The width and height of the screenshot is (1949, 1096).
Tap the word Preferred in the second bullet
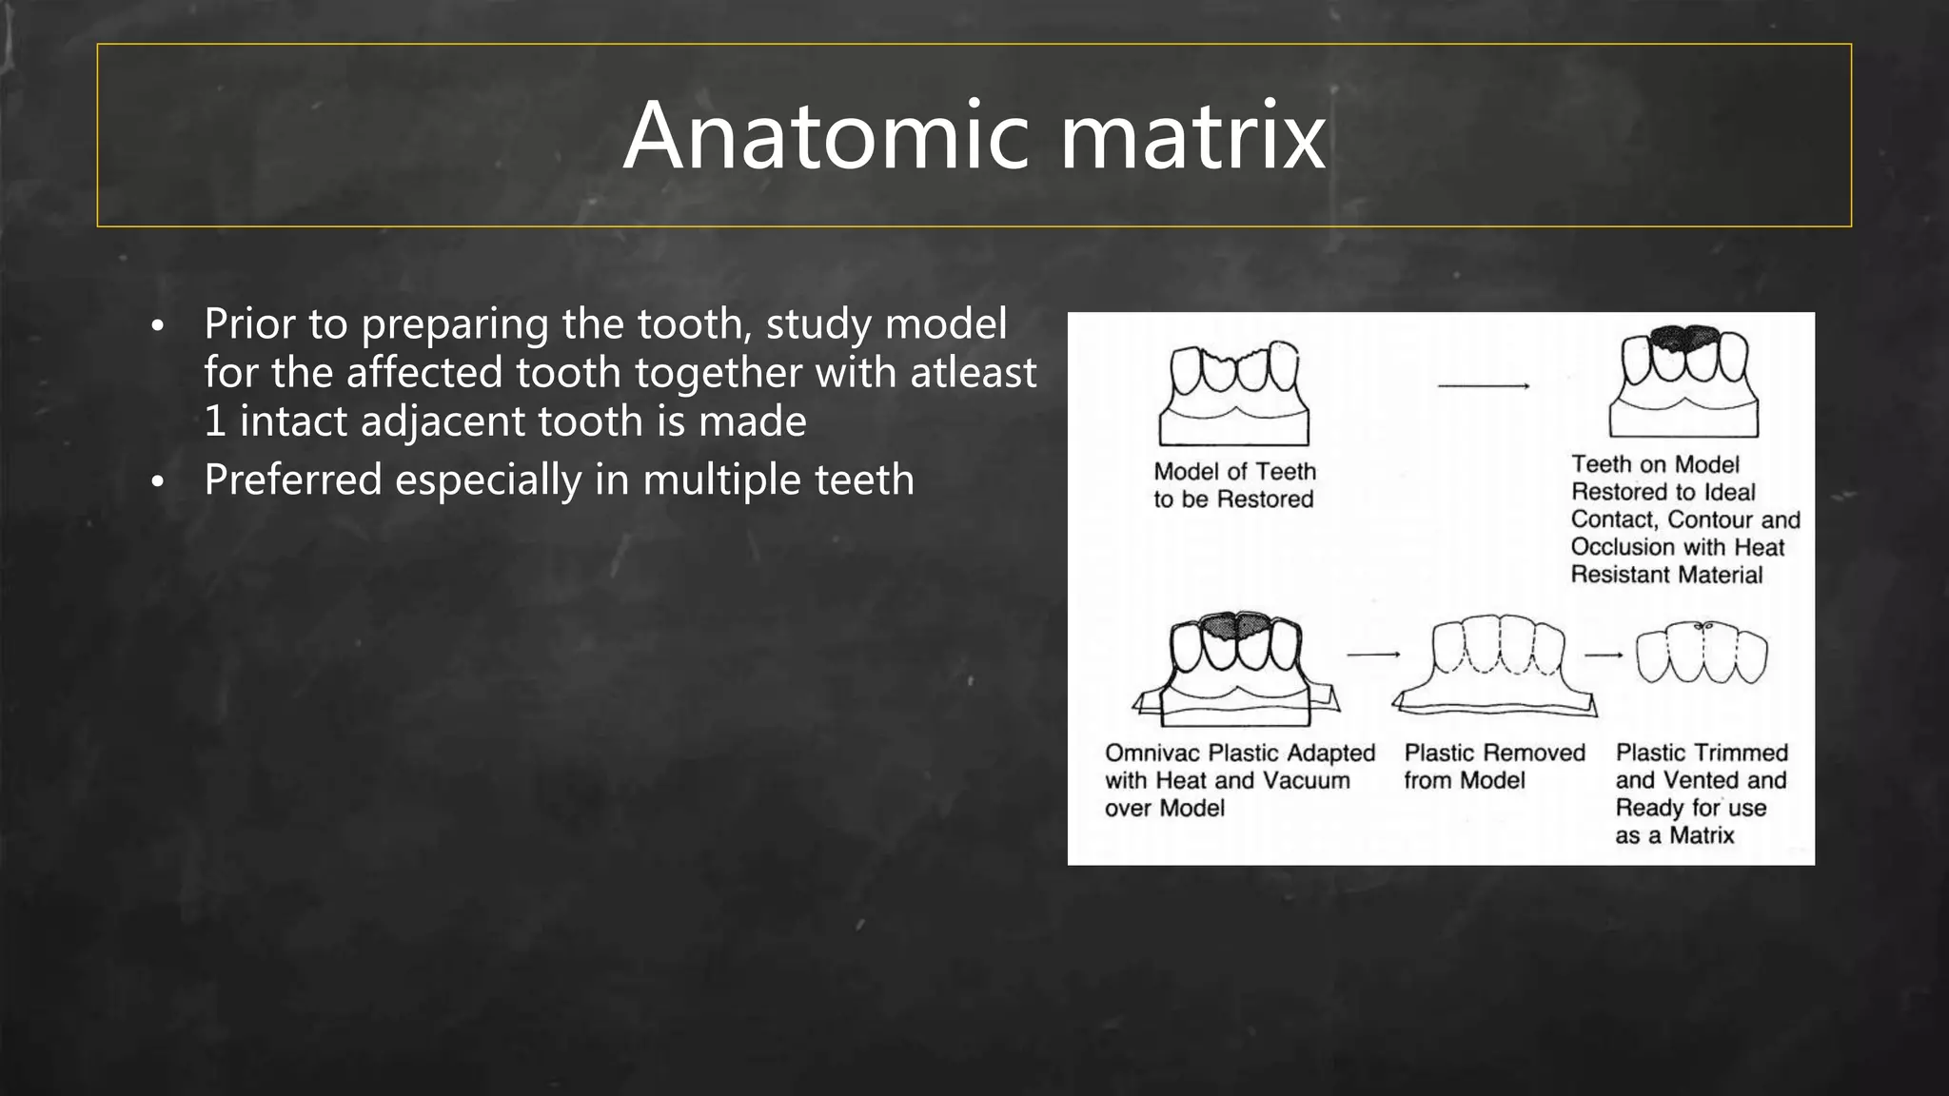[x=293, y=479]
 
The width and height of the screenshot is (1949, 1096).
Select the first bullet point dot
[x=158, y=326]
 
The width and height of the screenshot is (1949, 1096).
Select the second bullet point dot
[x=158, y=482]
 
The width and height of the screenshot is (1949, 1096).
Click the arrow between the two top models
[x=1483, y=386]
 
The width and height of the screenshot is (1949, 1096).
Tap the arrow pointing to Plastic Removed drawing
[x=1373, y=655]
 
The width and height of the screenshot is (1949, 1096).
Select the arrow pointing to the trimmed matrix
[x=1604, y=655]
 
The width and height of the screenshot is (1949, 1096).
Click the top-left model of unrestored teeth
[x=1233, y=393]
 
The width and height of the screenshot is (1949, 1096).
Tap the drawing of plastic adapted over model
[x=1235, y=668]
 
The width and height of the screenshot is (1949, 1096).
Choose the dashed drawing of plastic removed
[x=1494, y=664]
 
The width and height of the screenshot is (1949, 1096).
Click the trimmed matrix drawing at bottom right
[x=1702, y=653]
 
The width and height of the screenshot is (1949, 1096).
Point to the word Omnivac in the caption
[x=1152, y=753]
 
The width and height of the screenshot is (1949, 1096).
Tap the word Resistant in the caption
[x=1617, y=575]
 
